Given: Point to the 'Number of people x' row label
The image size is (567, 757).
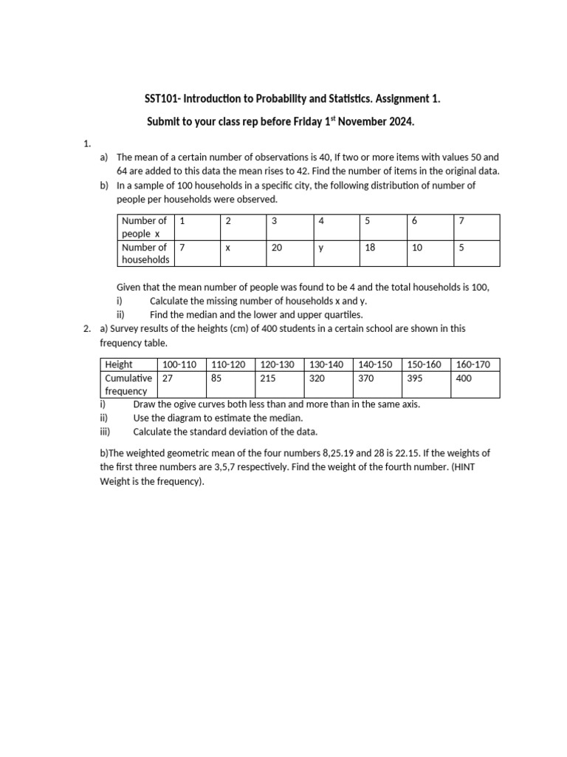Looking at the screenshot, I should (145, 227).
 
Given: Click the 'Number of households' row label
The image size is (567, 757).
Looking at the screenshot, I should (145, 254).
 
